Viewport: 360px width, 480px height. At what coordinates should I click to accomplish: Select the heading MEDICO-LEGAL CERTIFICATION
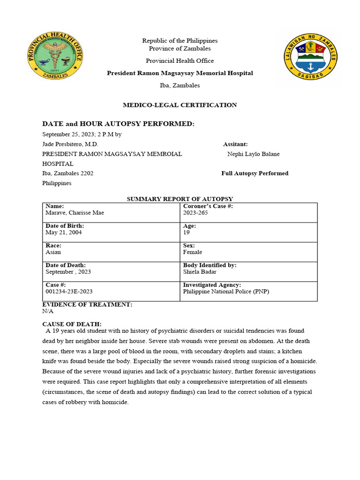tap(180, 105)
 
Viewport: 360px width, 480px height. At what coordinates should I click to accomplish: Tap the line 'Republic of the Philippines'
tap(180, 41)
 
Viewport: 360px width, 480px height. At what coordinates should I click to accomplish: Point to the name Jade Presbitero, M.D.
tap(70, 144)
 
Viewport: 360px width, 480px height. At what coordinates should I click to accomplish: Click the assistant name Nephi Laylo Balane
tap(253, 154)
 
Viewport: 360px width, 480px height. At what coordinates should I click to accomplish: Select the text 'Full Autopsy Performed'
tap(255, 173)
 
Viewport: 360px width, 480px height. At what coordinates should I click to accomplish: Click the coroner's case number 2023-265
tap(195, 213)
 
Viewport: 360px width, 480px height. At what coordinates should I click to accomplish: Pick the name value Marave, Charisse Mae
tap(75, 213)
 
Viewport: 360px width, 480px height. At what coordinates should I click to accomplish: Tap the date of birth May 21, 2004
tap(63, 232)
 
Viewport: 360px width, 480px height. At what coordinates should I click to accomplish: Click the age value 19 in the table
tap(187, 232)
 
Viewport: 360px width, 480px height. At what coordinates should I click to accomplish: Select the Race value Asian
tap(53, 252)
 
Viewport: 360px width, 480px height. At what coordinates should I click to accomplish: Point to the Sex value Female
tap(193, 252)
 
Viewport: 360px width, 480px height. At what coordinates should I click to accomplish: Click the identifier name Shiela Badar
tap(200, 272)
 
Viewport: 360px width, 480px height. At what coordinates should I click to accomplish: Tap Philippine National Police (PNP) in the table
tap(226, 292)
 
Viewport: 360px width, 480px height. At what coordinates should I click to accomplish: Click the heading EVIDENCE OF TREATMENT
tap(87, 305)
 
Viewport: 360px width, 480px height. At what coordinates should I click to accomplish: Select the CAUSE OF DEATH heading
tap(72, 324)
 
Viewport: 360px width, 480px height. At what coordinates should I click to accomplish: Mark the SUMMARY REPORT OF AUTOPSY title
tap(180, 199)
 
